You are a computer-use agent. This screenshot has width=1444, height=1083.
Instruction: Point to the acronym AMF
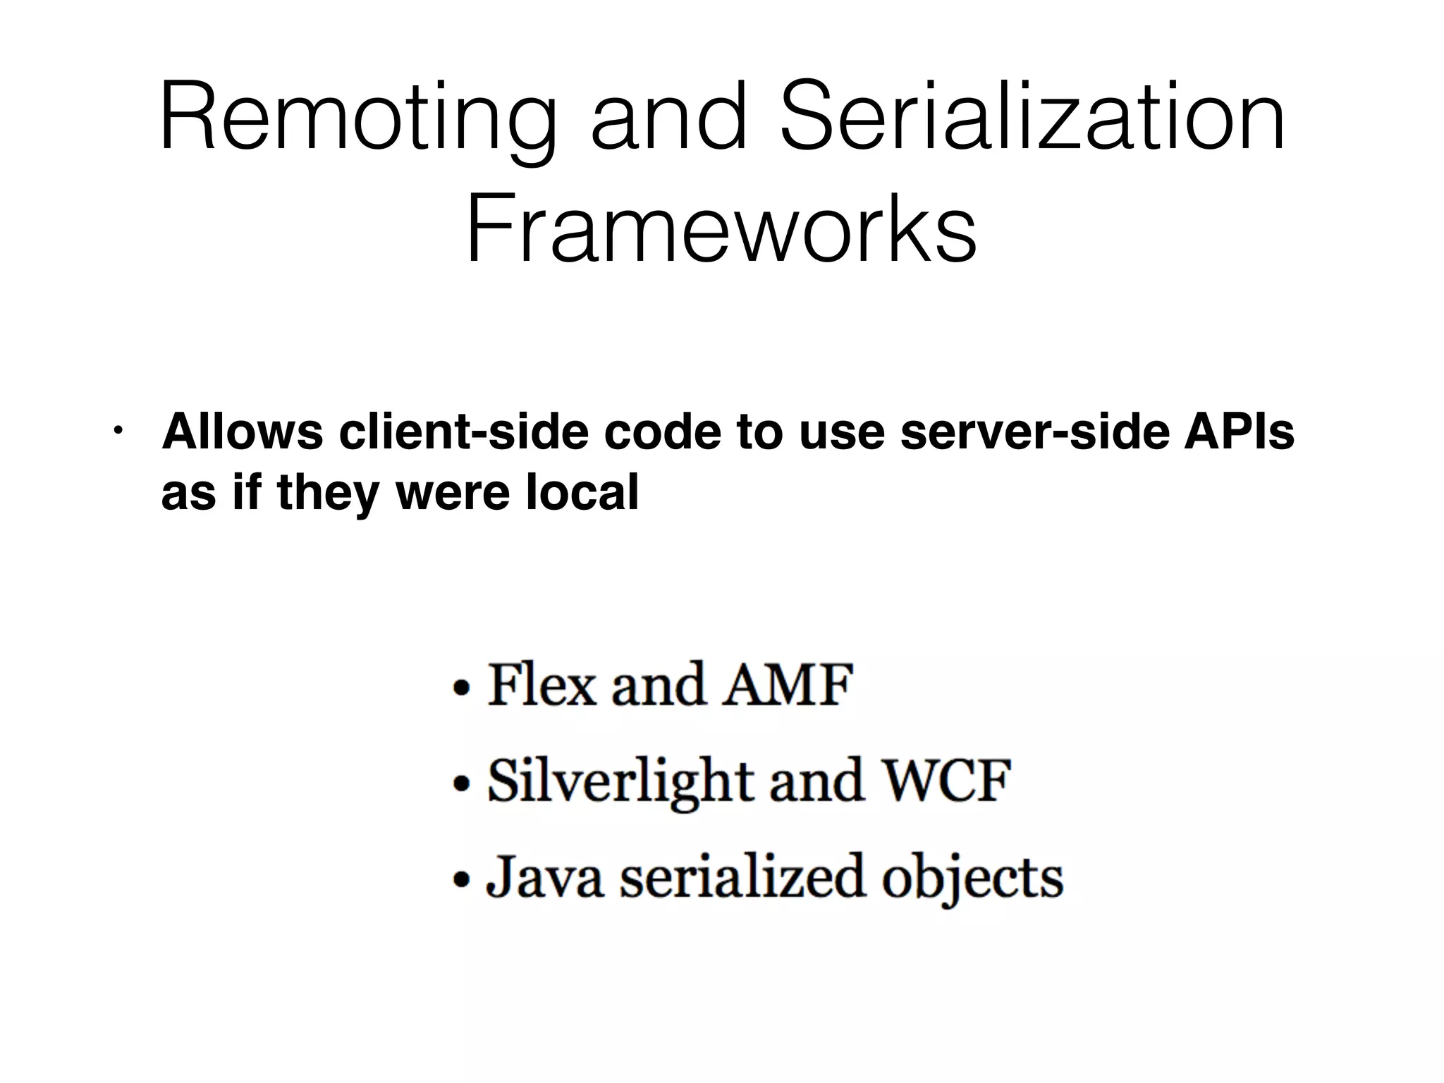[x=788, y=685]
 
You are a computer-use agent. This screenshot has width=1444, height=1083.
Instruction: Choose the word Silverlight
[x=621, y=781]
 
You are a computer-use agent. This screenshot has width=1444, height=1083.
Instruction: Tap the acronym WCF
[x=947, y=781]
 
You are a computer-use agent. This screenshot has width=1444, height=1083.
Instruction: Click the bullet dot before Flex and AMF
[x=461, y=687]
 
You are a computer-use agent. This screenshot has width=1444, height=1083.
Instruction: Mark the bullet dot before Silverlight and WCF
[x=461, y=783]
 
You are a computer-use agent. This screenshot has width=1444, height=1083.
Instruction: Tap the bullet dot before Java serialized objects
[x=461, y=879]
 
